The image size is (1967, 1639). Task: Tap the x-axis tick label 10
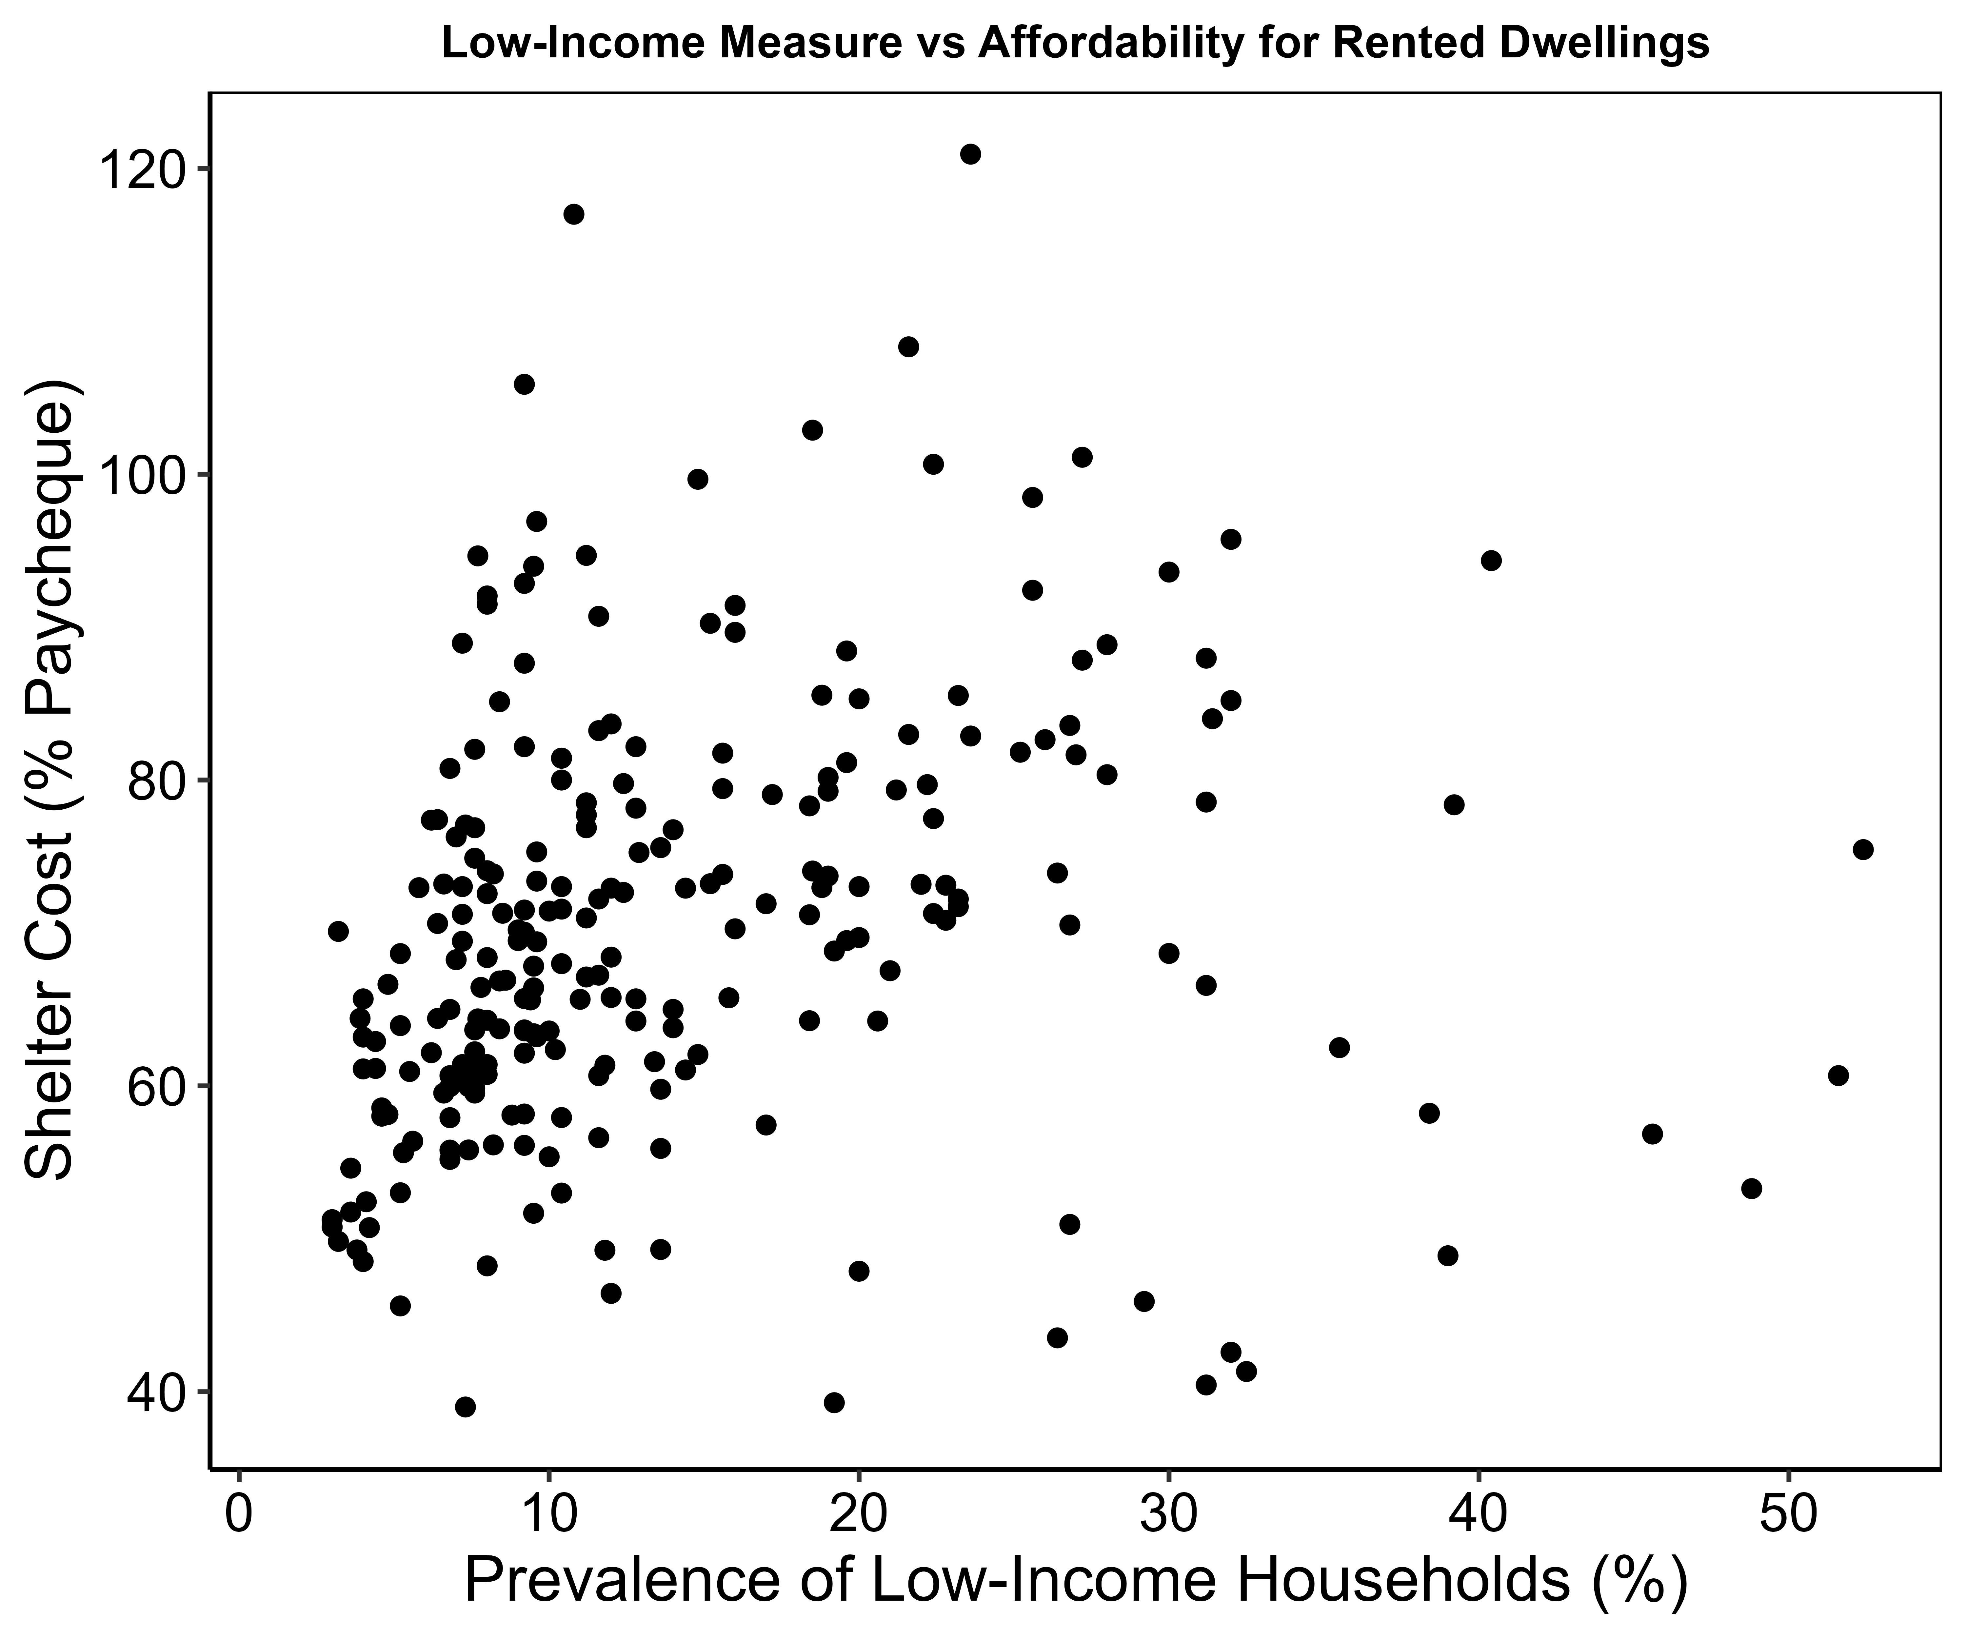pos(549,1514)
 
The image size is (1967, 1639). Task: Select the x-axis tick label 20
pos(858,1514)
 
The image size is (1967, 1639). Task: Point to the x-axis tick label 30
pos(1168,1514)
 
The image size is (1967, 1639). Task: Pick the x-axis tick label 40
pos(1478,1514)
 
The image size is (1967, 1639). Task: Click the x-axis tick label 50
pos(1787,1514)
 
